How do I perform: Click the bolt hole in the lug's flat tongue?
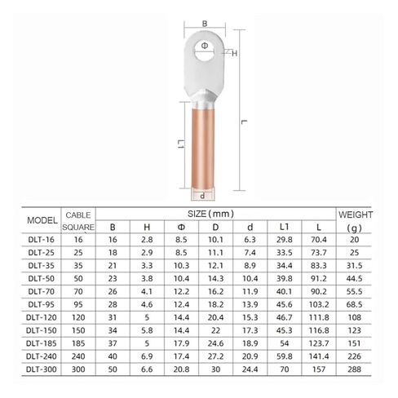[x=200, y=44]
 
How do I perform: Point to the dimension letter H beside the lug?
[x=235, y=53]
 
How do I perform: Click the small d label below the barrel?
[x=201, y=197]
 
